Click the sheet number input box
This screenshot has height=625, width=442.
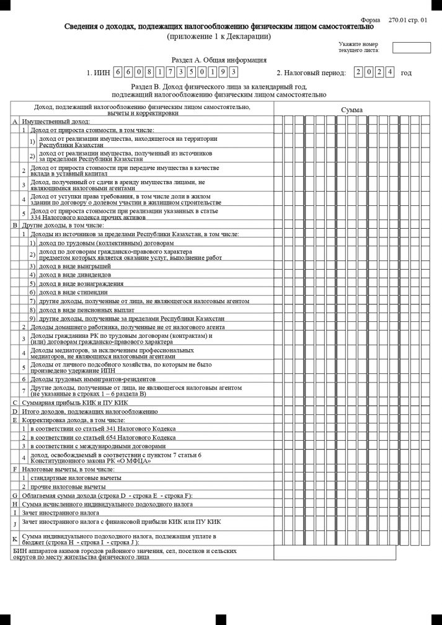click(x=411, y=48)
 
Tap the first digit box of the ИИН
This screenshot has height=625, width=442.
click(x=118, y=72)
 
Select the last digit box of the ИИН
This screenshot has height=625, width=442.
click(x=233, y=72)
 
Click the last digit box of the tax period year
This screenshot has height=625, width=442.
click(x=389, y=72)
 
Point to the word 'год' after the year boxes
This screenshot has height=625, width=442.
click(x=406, y=73)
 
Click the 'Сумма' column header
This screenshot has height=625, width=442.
click(x=351, y=110)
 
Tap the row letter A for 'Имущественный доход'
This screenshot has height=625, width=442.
click(x=15, y=122)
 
